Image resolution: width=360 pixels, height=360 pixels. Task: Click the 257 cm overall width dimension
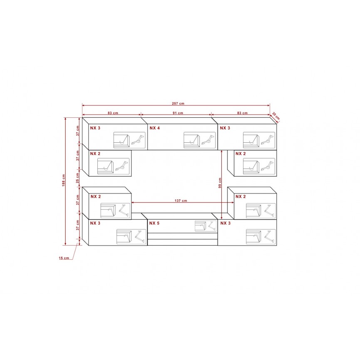[178, 104]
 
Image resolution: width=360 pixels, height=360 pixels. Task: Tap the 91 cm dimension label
[178, 113]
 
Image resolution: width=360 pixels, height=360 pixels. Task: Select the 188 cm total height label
[64, 180]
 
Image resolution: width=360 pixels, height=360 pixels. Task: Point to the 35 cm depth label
[276, 116]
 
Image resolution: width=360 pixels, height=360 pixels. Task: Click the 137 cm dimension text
[181, 201]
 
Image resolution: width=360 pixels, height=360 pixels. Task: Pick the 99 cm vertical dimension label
[220, 183]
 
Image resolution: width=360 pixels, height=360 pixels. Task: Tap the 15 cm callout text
[64, 258]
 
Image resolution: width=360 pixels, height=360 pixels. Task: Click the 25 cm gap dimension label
[77, 178]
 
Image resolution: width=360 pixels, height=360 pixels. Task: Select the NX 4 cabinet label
[154, 128]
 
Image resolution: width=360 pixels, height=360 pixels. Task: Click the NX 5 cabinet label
[154, 223]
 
